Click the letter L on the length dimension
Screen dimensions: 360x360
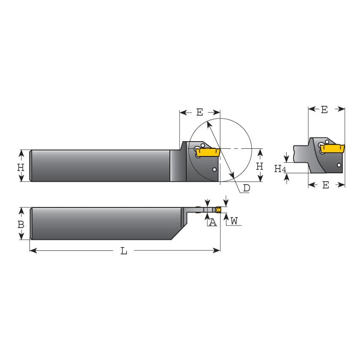click(124, 251)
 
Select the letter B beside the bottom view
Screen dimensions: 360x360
click(21, 224)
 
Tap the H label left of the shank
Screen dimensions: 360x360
click(21, 167)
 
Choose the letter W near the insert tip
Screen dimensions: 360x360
click(234, 220)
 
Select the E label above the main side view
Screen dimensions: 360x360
click(200, 112)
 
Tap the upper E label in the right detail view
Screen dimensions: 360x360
click(324, 110)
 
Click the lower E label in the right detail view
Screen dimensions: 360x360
click(325, 185)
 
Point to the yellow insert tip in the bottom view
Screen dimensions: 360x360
click(218, 210)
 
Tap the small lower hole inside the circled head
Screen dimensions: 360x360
click(215, 170)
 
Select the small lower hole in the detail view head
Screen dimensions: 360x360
click(339, 165)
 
